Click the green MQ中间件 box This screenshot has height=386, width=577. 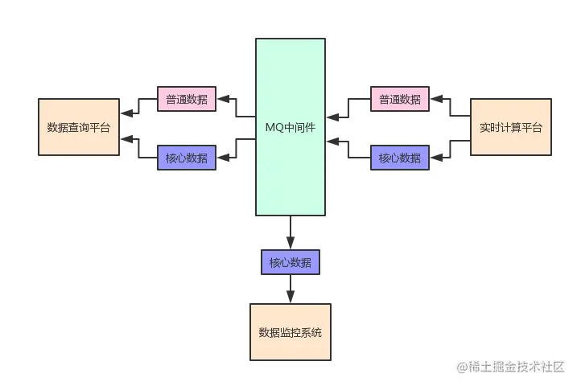click(x=291, y=126)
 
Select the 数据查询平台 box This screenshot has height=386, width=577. click(x=79, y=127)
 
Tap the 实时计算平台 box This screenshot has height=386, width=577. click(x=510, y=127)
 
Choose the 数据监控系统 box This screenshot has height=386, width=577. click(x=290, y=332)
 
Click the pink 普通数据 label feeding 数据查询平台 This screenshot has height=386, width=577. click(x=186, y=100)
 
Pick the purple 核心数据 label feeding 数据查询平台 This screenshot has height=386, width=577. click(x=186, y=158)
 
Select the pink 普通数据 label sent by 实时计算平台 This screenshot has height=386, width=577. click(x=400, y=100)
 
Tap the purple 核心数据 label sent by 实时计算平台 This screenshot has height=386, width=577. click(x=400, y=158)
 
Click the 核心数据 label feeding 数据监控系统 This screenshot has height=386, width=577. click(x=290, y=262)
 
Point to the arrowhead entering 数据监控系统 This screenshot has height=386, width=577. click(x=290, y=298)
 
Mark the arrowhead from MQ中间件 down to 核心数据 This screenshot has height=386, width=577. click(x=290, y=243)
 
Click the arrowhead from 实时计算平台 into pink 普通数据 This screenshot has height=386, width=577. click(x=435, y=100)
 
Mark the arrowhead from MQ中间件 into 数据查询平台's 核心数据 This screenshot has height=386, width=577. click(x=222, y=158)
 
